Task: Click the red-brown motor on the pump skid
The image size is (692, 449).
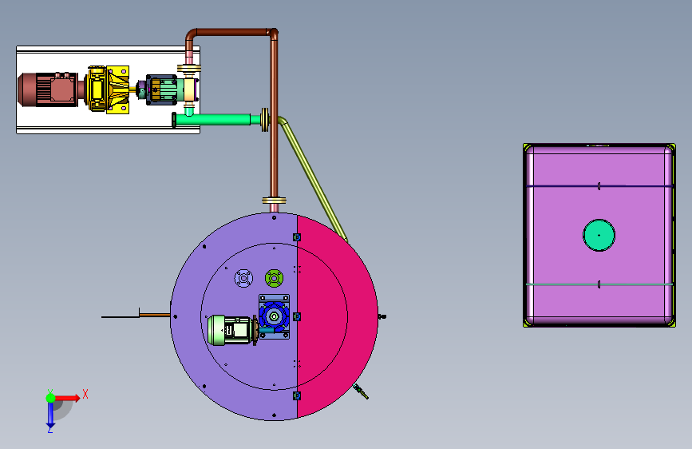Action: pyautogui.click(x=49, y=89)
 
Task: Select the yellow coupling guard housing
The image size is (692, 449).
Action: pyautogui.click(x=108, y=89)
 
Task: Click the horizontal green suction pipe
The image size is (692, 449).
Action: pyautogui.click(x=216, y=119)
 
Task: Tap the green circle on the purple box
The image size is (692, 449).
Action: pyautogui.click(x=599, y=235)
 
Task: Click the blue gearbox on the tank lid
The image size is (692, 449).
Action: pyautogui.click(x=274, y=317)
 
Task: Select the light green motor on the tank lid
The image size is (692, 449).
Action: pyautogui.click(x=231, y=329)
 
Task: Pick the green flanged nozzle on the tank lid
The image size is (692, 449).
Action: pyautogui.click(x=274, y=278)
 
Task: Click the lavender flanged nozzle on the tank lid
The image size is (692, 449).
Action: pyautogui.click(x=243, y=278)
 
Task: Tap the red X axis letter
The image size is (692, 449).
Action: pyautogui.click(x=85, y=394)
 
